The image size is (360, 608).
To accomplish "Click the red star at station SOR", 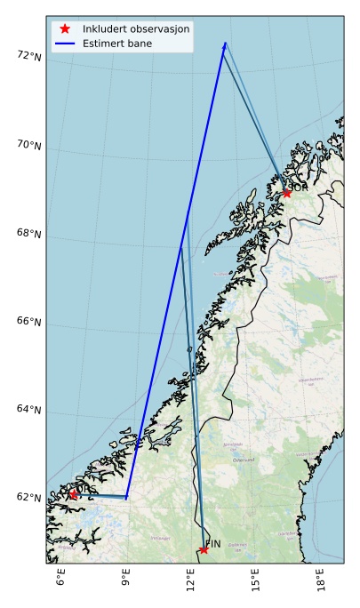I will (x=287, y=193).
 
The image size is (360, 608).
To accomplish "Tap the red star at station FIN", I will (x=204, y=550).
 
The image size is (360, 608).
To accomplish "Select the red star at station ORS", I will (x=73, y=494).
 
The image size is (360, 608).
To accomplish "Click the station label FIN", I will (x=213, y=543).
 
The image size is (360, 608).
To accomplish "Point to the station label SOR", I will (x=299, y=188).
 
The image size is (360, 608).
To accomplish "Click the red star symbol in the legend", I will (x=65, y=28).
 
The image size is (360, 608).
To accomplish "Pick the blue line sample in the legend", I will (x=65, y=43).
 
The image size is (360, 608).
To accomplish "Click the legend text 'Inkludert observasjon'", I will (x=136, y=28).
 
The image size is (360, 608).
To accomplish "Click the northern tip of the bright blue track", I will (x=225, y=43).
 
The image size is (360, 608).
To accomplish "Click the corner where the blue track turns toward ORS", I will (x=127, y=497).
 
